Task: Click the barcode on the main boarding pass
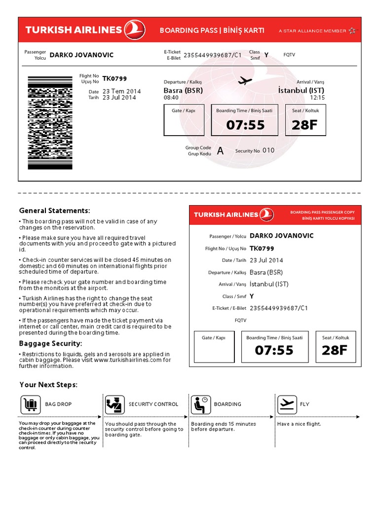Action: coord(50,123)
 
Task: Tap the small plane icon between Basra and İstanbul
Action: coord(245,80)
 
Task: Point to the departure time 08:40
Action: coord(171,98)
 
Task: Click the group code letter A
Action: coord(220,151)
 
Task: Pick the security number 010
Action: coord(268,150)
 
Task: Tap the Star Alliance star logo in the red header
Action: coord(352,31)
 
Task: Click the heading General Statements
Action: coord(54,211)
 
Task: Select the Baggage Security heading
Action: coord(50,343)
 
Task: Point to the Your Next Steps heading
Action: coord(48,385)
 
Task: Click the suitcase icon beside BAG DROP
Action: coord(30,404)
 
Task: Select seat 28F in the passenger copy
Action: coord(335,350)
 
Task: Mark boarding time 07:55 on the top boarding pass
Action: coord(245,125)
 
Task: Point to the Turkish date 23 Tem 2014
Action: coord(121,91)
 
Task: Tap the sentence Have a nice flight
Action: coord(299,424)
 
